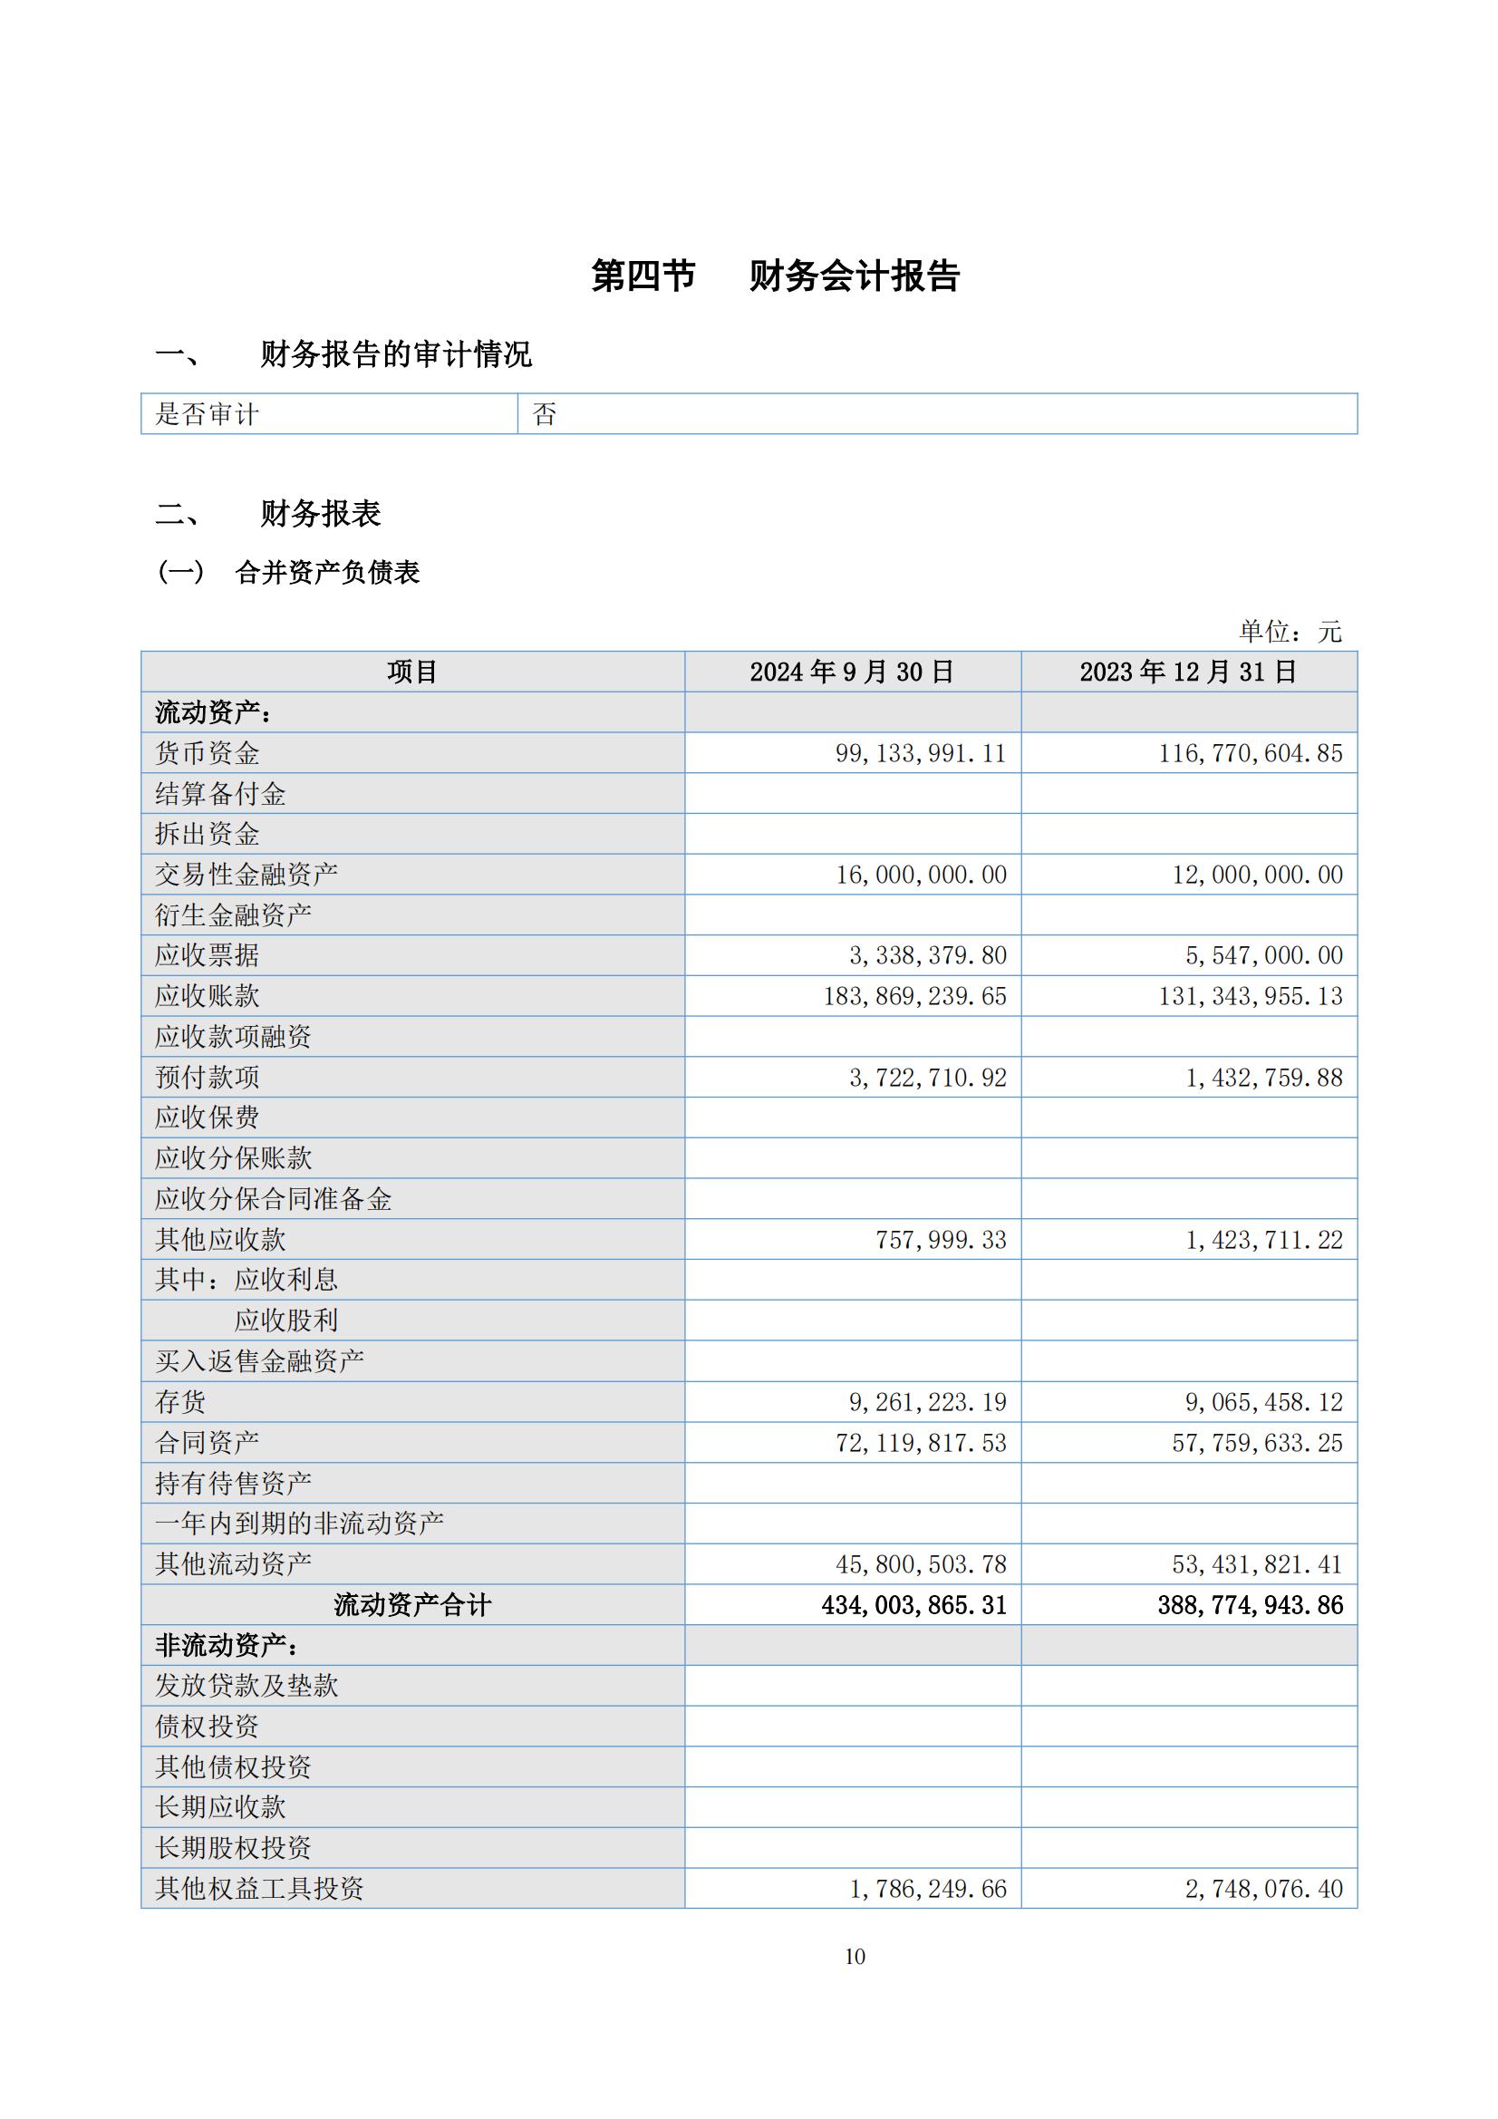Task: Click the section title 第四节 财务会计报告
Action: [x=776, y=276]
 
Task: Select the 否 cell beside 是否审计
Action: [x=545, y=414]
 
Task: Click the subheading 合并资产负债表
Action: [x=328, y=572]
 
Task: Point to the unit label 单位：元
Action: [x=1290, y=632]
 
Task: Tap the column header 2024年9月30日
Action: [x=851, y=672]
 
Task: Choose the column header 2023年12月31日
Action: [x=1188, y=672]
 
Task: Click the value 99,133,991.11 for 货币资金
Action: [x=920, y=753]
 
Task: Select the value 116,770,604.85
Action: [x=1251, y=753]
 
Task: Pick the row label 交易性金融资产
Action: [x=246, y=874]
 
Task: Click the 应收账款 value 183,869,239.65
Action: [x=914, y=996]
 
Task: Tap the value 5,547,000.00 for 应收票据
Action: [x=1263, y=955]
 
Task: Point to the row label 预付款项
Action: [x=208, y=1077]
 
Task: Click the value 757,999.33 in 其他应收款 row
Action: [x=941, y=1240]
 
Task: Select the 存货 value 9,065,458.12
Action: [x=1263, y=1402]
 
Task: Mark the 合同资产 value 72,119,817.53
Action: [x=920, y=1443]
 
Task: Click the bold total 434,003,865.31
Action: [x=913, y=1605]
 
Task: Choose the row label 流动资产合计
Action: [x=411, y=1605]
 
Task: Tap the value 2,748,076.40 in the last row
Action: [x=1263, y=1889]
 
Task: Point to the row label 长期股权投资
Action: [x=234, y=1848]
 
